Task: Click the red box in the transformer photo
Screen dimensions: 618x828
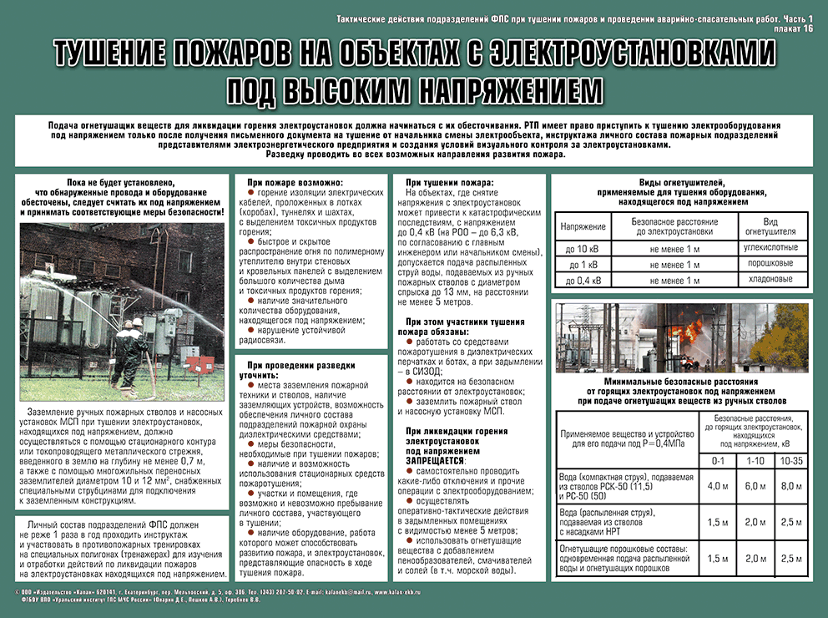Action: click(x=192, y=364)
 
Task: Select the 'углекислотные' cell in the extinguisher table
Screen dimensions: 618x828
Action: click(x=767, y=248)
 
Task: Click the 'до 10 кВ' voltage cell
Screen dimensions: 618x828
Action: click(x=582, y=249)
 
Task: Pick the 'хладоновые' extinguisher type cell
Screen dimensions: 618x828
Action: click(x=767, y=279)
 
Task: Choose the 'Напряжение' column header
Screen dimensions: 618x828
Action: click(x=582, y=226)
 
